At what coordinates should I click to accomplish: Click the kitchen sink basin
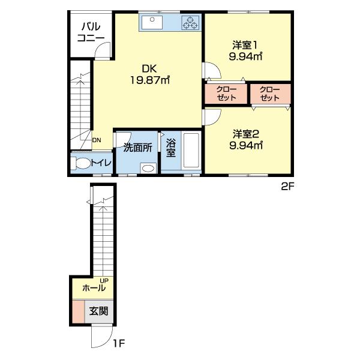coord(152,22)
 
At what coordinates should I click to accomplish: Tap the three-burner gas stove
coord(190,23)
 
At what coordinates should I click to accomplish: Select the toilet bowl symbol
coord(80,163)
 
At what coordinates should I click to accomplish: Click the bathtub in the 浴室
coord(191,151)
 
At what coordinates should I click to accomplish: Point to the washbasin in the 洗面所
coord(148,168)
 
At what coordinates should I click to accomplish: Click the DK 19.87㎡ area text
coord(149,74)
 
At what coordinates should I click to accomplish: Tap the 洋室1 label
coord(245,45)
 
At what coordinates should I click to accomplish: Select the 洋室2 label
coord(246,134)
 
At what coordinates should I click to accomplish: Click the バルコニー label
coord(91,32)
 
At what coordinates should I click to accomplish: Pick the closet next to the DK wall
coord(226,94)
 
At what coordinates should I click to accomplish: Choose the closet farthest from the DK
coord(270,94)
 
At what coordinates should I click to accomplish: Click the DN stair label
coord(97,140)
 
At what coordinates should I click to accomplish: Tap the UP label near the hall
coord(104,281)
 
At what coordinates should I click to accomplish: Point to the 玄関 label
coord(99,311)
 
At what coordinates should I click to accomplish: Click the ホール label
coord(94,287)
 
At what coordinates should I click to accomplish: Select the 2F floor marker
coord(287,187)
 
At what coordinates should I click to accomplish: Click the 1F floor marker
coord(119,343)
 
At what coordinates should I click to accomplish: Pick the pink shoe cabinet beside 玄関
coord(78,311)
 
